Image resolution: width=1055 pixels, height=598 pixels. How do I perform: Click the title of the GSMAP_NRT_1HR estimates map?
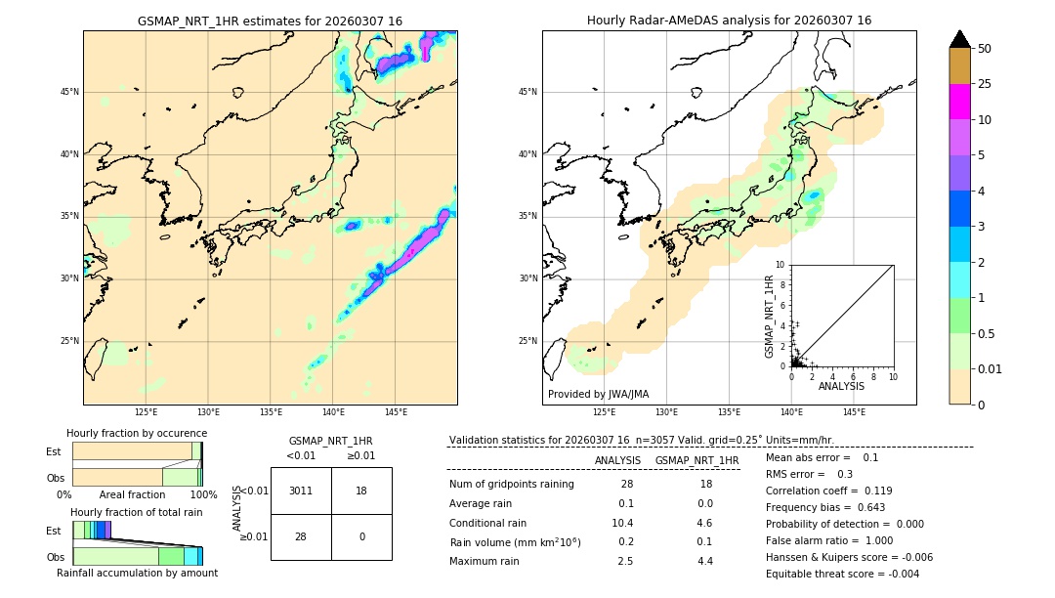[270, 21]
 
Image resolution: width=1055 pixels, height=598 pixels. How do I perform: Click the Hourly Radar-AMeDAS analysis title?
[729, 21]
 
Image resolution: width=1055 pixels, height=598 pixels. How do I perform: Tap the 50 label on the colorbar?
[985, 49]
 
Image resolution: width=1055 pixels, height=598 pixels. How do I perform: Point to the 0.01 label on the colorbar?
[991, 368]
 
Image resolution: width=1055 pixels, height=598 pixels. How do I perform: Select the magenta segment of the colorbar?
[959, 102]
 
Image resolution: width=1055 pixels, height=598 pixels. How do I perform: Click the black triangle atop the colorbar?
[959, 39]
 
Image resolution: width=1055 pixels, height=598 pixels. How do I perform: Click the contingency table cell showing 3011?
[301, 491]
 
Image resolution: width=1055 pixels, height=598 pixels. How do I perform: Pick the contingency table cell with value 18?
[361, 491]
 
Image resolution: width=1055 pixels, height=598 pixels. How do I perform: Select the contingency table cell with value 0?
[361, 536]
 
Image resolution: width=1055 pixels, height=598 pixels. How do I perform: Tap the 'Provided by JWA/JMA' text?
[598, 394]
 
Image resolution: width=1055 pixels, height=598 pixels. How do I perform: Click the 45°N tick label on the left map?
[69, 92]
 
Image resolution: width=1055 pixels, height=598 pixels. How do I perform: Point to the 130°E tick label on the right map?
[667, 412]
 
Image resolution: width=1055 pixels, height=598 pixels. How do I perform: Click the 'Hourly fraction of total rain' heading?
[137, 512]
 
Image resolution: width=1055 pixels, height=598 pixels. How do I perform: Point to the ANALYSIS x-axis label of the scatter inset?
[841, 386]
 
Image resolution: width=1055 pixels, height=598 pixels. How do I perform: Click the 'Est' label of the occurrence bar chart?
[54, 451]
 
